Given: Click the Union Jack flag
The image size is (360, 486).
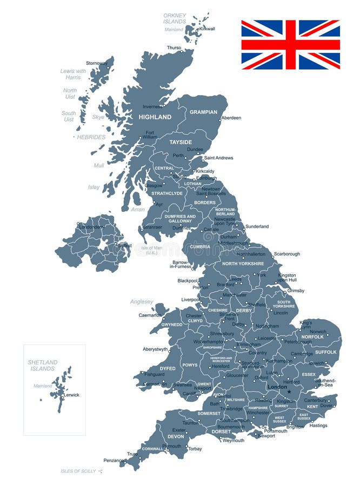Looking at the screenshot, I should click(290, 45).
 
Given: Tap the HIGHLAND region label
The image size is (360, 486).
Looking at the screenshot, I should click(155, 117).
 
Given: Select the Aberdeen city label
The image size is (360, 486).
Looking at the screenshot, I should click(231, 118).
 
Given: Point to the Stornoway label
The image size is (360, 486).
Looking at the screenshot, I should click(97, 63).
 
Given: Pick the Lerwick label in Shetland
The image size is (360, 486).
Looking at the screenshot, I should click(71, 395).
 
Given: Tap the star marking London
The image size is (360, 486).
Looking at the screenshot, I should click(289, 392).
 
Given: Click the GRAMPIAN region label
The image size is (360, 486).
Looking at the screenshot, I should click(203, 112).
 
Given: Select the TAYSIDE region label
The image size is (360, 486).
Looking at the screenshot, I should click(181, 142).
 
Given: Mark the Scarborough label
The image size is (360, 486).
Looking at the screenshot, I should click(286, 254).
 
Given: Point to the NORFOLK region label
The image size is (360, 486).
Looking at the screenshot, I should click(312, 337).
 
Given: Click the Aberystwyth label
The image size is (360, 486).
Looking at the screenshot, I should click(155, 349).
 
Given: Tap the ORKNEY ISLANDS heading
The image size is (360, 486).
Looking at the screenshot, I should click(175, 18).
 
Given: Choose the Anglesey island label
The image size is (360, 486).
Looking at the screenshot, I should click(142, 302).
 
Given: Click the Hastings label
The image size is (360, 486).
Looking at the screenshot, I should click(318, 426).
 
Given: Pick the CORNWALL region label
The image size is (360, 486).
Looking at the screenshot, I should click(152, 449).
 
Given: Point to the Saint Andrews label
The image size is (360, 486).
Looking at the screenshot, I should click(218, 158).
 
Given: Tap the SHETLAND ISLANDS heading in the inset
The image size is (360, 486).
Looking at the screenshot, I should click(43, 366).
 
